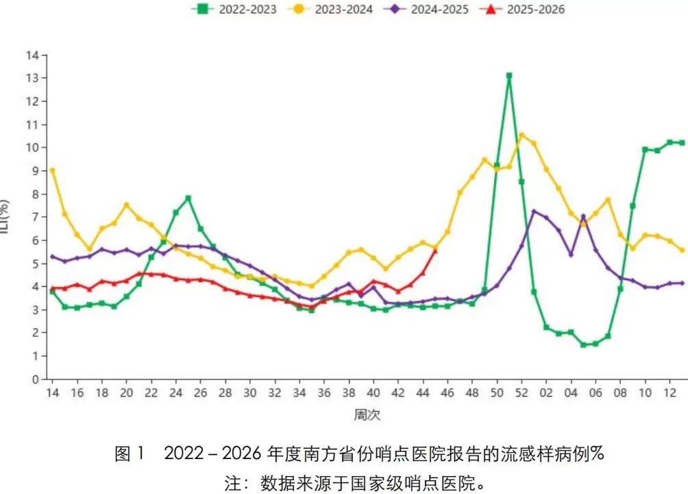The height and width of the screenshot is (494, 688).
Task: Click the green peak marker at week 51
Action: [x=509, y=75]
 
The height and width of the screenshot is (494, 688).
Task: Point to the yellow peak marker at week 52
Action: [x=521, y=135]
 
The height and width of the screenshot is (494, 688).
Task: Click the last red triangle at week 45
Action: [x=435, y=250]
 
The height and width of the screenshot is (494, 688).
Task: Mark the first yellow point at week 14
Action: [x=52, y=170]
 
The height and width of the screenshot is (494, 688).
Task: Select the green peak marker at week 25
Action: [x=188, y=198]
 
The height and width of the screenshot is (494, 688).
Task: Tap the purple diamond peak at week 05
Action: [x=583, y=217]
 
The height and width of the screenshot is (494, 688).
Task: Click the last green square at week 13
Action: [x=682, y=143]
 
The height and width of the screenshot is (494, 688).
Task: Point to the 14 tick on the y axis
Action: [x=32, y=55]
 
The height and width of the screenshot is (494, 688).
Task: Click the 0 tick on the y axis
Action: [x=35, y=379]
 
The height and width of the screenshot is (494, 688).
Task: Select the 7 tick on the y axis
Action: [x=35, y=217]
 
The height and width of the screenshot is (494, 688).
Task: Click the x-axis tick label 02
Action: [x=546, y=393]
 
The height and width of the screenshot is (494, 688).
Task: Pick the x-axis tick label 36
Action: [x=324, y=393]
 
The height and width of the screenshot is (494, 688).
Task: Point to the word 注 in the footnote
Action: [x=233, y=482]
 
